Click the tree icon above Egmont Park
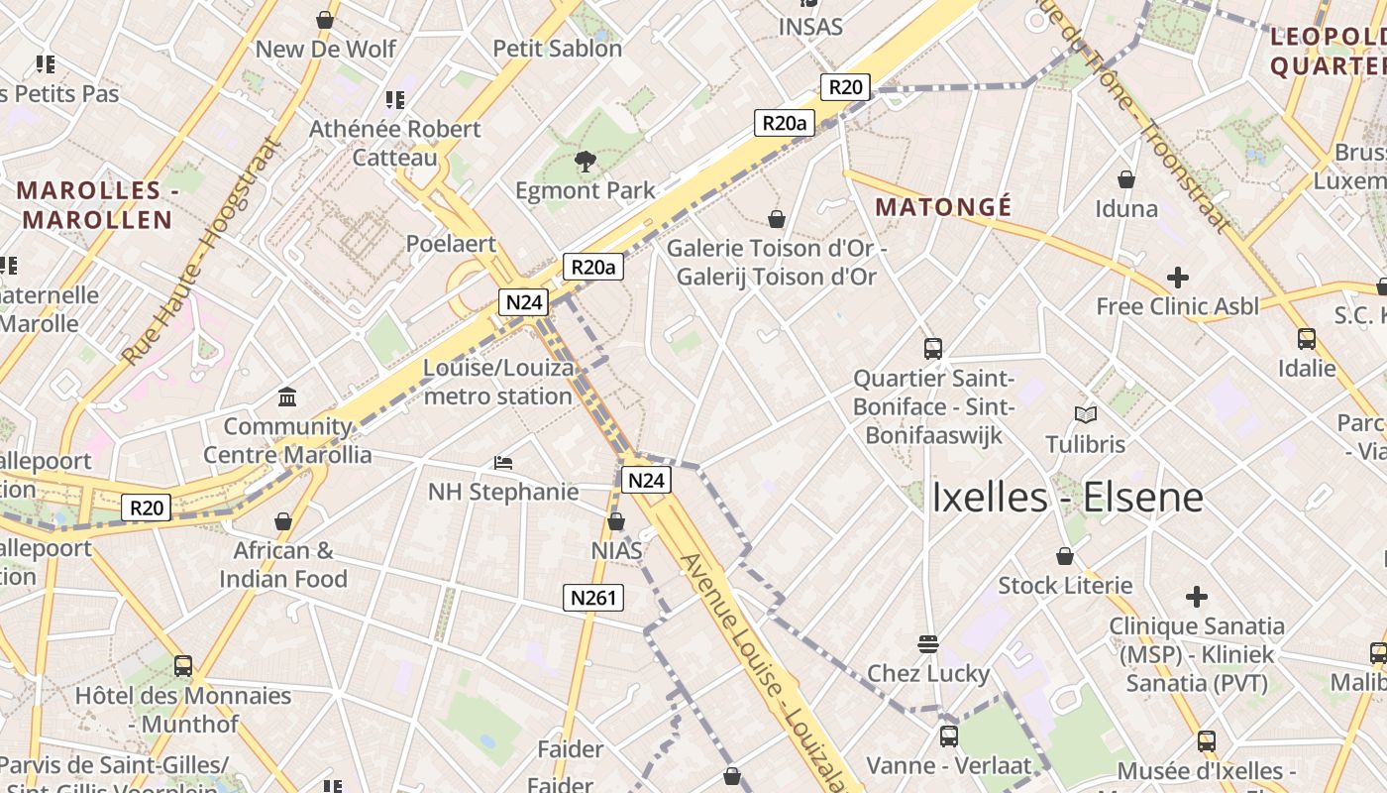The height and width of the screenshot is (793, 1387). pyautogui.click(x=585, y=161)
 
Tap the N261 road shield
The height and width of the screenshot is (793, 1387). pyautogui.click(x=594, y=597)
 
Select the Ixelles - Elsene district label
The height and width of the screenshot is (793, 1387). pyautogui.click(x=1067, y=498)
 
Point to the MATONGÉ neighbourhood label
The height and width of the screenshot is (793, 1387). pyautogui.click(x=944, y=207)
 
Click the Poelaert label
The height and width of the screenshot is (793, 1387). pyautogui.click(x=451, y=244)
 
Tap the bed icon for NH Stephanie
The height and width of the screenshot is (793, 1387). pyautogui.click(x=503, y=462)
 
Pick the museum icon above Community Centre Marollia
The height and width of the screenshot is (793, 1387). pyautogui.click(x=287, y=397)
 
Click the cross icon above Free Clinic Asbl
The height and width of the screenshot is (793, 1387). pyautogui.click(x=1177, y=278)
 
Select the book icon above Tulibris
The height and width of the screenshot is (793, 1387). pyautogui.click(x=1086, y=415)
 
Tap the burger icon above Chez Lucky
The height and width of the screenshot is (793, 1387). pyautogui.click(x=928, y=644)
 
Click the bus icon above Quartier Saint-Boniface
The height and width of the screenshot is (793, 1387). pyautogui.click(x=932, y=349)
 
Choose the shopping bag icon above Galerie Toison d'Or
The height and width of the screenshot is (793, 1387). pyautogui.click(x=777, y=218)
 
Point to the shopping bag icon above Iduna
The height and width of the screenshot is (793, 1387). pyautogui.click(x=1126, y=179)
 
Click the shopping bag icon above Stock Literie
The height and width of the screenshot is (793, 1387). pyautogui.click(x=1065, y=556)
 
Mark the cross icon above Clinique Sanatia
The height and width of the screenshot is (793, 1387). pyautogui.click(x=1197, y=597)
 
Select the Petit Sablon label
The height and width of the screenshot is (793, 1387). pyautogui.click(x=557, y=49)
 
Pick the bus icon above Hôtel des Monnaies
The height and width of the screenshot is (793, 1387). pyautogui.click(x=183, y=666)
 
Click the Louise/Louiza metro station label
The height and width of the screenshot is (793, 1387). pyautogui.click(x=498, y=382)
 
